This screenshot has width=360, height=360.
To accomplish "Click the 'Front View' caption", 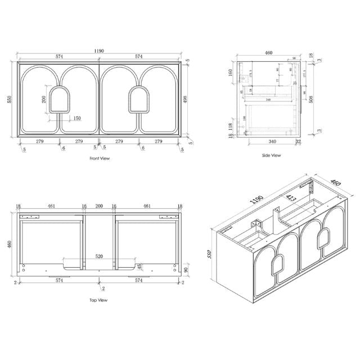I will point(99,159).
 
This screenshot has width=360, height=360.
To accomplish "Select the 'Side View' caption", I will point(271,155).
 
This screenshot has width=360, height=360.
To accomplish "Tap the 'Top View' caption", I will point(99,300).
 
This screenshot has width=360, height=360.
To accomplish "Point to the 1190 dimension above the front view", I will point(100,51).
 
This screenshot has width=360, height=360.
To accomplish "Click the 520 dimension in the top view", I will point(99,256).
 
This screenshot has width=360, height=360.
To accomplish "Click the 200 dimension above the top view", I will point(100,207).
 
